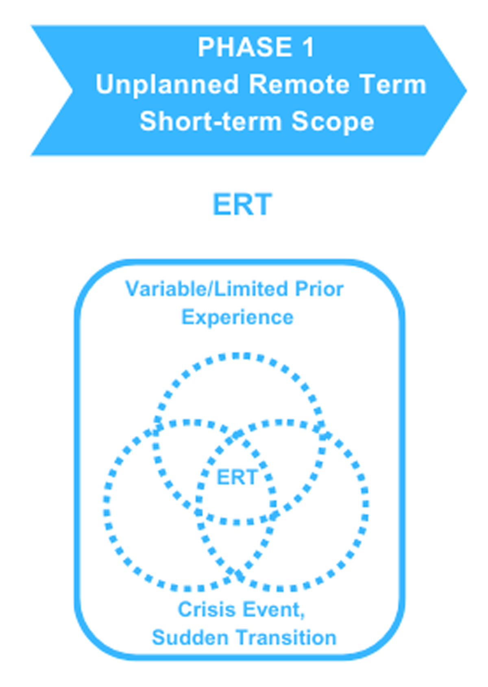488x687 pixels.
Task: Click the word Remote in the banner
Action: (x=299, y=84)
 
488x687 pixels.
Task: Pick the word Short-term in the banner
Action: (x=210, y=122)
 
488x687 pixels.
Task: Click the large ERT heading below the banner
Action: (x=242, y=204)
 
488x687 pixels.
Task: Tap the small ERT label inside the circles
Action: (x=237, y=477)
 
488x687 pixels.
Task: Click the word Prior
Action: (x=319, y=289)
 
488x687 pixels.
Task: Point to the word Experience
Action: (x=238, y=317)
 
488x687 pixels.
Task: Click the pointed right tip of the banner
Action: (x=466, y=91)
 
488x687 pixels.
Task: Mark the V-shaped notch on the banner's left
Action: (x=72, y=91)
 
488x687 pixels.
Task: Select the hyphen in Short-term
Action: (x=216, y=124)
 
